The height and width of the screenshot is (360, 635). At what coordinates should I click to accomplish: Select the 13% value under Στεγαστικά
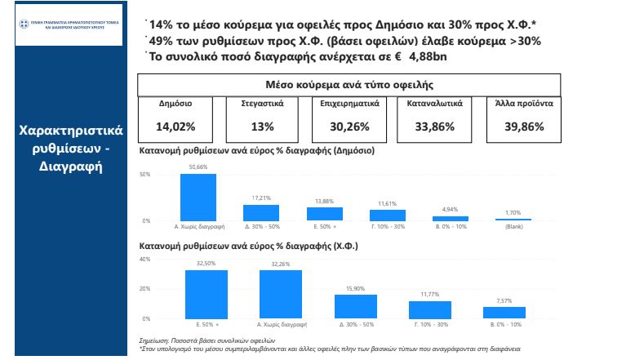coord(263,127)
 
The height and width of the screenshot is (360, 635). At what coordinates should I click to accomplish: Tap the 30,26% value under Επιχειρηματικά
coord(349,127)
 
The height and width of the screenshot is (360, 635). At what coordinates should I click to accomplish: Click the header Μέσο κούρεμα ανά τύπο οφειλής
coord(349,85)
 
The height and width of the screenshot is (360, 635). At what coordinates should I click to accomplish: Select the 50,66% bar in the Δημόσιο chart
coord(198,198)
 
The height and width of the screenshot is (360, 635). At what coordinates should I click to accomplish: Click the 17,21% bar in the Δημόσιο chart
coord(261,213)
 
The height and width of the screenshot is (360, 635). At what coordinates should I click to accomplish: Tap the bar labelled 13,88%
coord(324,215)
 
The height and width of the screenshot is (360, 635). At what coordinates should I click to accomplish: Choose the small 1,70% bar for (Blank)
coord(513,220)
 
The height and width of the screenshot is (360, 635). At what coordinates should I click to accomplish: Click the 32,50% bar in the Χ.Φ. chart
coord(206,294)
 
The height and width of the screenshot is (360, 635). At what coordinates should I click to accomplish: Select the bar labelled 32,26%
coord(281,294)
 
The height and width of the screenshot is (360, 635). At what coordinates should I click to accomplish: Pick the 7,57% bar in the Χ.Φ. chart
coord(504,313)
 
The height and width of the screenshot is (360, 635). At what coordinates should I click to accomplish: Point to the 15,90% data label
coord(356,289)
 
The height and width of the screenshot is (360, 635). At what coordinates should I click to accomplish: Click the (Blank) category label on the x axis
coord(513,228)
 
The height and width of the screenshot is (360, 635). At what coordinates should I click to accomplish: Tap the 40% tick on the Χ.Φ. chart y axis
coord(146,260)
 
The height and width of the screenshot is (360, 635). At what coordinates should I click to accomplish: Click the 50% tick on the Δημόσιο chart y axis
coord(146,175)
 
